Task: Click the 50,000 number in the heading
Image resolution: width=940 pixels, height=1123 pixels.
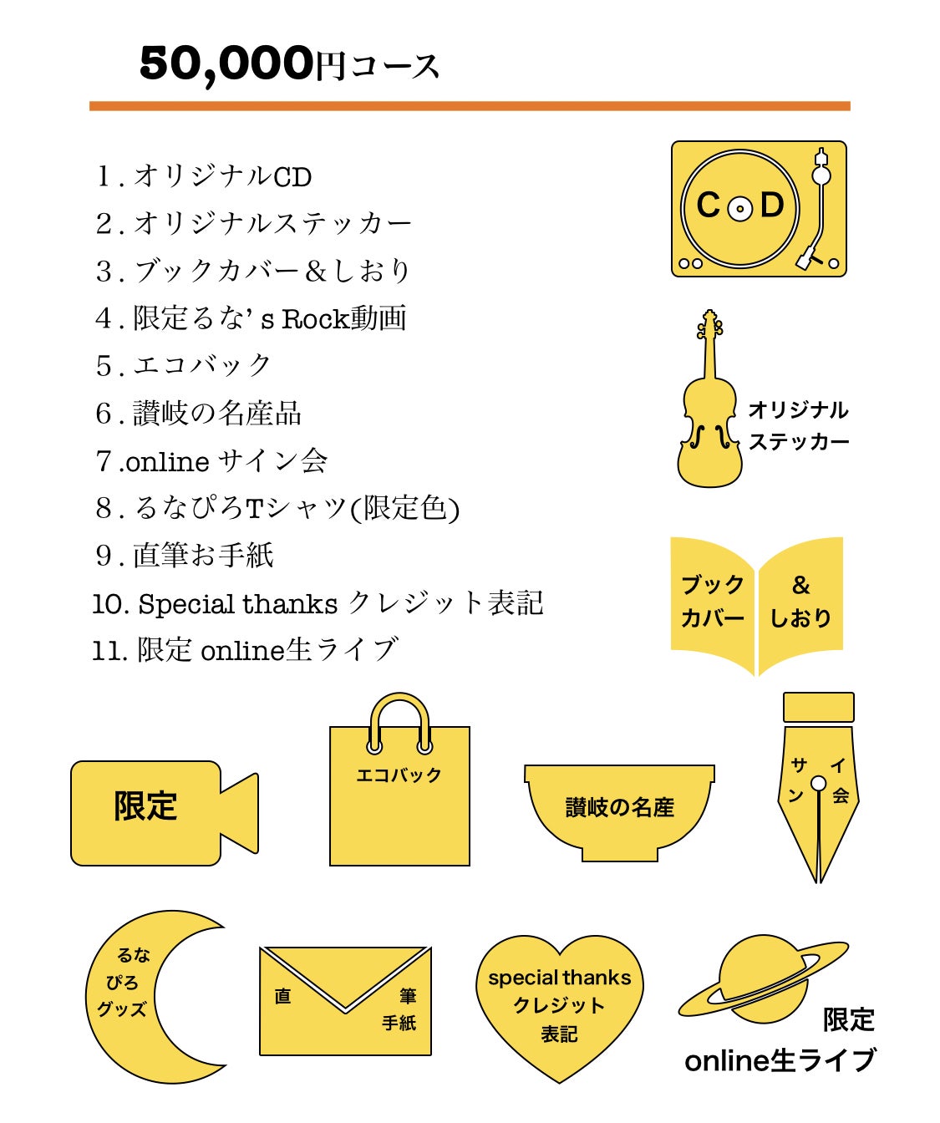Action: (226, 64)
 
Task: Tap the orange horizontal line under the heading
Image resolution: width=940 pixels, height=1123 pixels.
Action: (469, 106)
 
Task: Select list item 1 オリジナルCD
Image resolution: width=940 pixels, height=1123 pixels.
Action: (204, 176)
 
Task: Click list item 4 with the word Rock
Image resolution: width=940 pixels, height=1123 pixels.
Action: (251, 318)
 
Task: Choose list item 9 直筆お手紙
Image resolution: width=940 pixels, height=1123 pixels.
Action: (185, 556)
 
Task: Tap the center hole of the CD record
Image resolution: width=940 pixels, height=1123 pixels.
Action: (739, 208)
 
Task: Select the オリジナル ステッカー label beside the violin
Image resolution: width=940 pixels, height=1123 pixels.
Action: (798, 425)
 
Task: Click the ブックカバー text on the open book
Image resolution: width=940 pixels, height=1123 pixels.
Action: (712, 601)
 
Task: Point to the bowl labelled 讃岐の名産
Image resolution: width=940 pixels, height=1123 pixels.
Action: (619, 806)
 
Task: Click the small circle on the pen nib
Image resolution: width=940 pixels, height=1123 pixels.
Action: (818, 783)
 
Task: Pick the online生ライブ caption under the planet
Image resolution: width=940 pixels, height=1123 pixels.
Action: (780, 1060)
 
